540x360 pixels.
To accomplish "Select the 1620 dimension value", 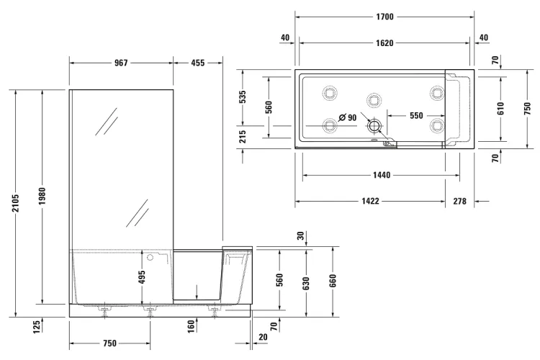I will pos(384,43).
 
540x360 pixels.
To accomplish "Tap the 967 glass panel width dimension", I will pos(121,63).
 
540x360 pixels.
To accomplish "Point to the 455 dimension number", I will pos(197,63).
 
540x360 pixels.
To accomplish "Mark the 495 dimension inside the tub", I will pos(143,276).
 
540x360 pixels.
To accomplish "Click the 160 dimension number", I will pos(191,327).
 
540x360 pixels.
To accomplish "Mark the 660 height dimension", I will pos(333,279).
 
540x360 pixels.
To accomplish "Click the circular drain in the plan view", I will pos(374,126).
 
